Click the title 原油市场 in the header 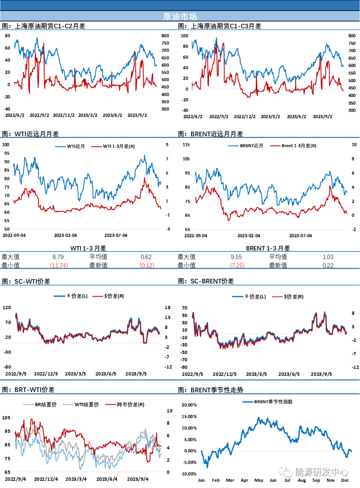click(x=180, y=16)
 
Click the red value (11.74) click(x=59, y=265)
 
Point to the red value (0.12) click(x=147, y=265)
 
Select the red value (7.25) click(x=238, y=265)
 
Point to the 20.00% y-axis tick click(x=189, y=405)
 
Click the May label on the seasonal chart click(x=259, y=480)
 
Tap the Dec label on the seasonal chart click(x=345, y=480)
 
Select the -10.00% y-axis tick click(x=188, y=474)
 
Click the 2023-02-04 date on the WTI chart click(x=65, y=235)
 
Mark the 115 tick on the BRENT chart click(x=186, y=145)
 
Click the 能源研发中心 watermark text click(x=321, y=472)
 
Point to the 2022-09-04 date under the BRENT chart click(x=196, y=236)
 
